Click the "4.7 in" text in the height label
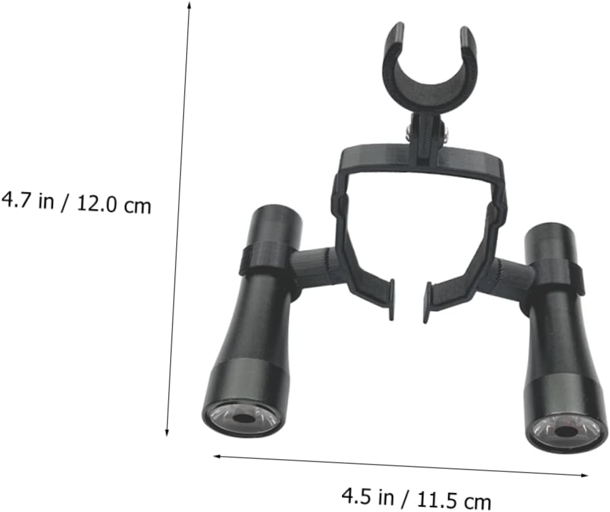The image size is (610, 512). (27, 201)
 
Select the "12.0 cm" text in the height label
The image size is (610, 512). (113, 204)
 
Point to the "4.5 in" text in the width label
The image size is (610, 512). (368, 496)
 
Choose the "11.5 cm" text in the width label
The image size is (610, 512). (453, 499)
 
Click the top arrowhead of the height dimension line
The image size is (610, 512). (189, 5)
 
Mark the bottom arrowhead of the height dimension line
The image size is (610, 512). (167, 432)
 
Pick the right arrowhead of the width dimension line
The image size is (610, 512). (583, 475)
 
